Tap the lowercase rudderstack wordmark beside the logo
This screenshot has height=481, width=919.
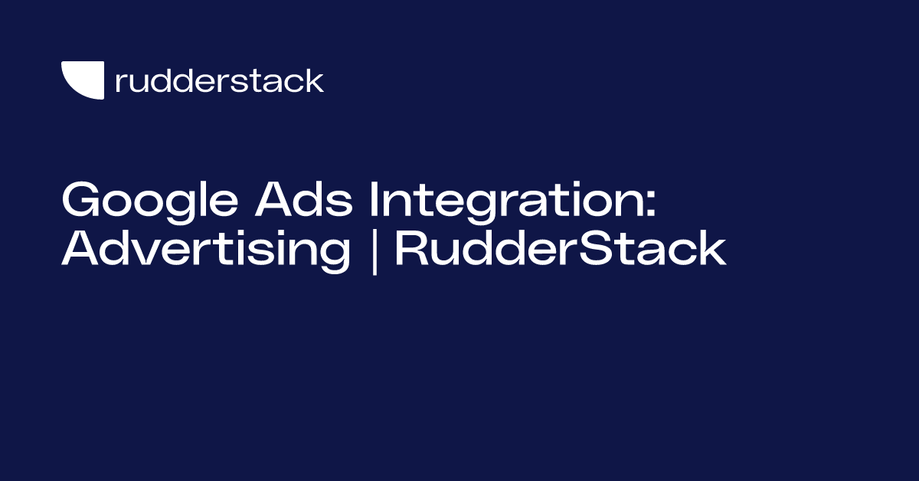(x=220, y=80)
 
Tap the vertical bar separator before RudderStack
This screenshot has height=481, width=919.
(x=374, y=251)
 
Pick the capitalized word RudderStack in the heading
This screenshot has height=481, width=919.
(x=561, y=248)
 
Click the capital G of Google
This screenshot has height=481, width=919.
(x=81, y=198)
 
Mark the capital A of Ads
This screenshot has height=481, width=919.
(x=275, y=199)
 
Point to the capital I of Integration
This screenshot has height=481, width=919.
(x=374, y=199)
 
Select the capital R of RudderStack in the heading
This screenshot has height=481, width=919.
(x=411, y=248)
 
